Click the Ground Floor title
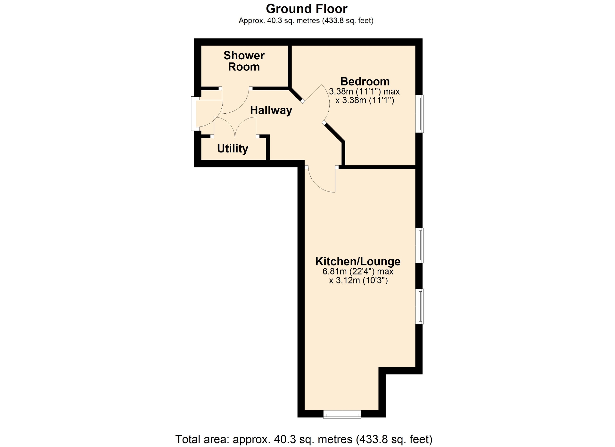click(x=307, y=9)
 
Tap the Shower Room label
click(x=244, y=61)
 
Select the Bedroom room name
click(x=365, y=81)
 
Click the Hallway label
click(x=271, y=110)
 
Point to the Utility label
click(x=233, y=149)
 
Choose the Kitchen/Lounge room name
click(x=358, y=261)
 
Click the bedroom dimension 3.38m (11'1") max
click(x=365, y=92)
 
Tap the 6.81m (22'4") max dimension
click(x=358, y=272)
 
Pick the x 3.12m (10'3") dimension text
click(x=358, y=281)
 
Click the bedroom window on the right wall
click(x=420, y=114)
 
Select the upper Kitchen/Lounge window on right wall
click(x=420, y=245)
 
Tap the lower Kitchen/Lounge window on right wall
click(x=420, y=306)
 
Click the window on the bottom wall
click(x=342, y=414)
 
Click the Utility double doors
click(x=235, y=127)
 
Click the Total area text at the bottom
click(x=304, y=439)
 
